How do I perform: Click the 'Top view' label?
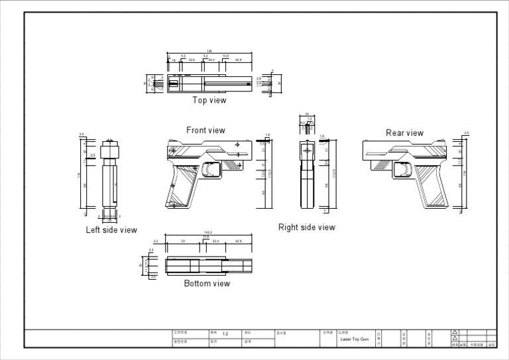click(209, 101)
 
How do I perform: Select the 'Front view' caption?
click(205, 131)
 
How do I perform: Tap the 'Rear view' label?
click(404, 133)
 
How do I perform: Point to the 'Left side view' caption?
click(111, 230)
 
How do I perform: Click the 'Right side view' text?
click(306, 227)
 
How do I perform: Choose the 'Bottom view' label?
click(207, 284)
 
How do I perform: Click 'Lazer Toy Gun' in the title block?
click(355, 339)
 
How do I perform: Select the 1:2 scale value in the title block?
click(225, 333)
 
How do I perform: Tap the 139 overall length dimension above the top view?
click(209, 51)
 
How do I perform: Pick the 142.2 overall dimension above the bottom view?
click(207, 233)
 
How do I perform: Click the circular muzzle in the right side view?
click(308, 152)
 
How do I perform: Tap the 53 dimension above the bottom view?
click(183, 241)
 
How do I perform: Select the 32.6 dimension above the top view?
click(192, 60)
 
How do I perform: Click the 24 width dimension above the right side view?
click(307, 114)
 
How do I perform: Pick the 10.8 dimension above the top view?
click(225, 56)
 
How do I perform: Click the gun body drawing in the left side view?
click(110, 179)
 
